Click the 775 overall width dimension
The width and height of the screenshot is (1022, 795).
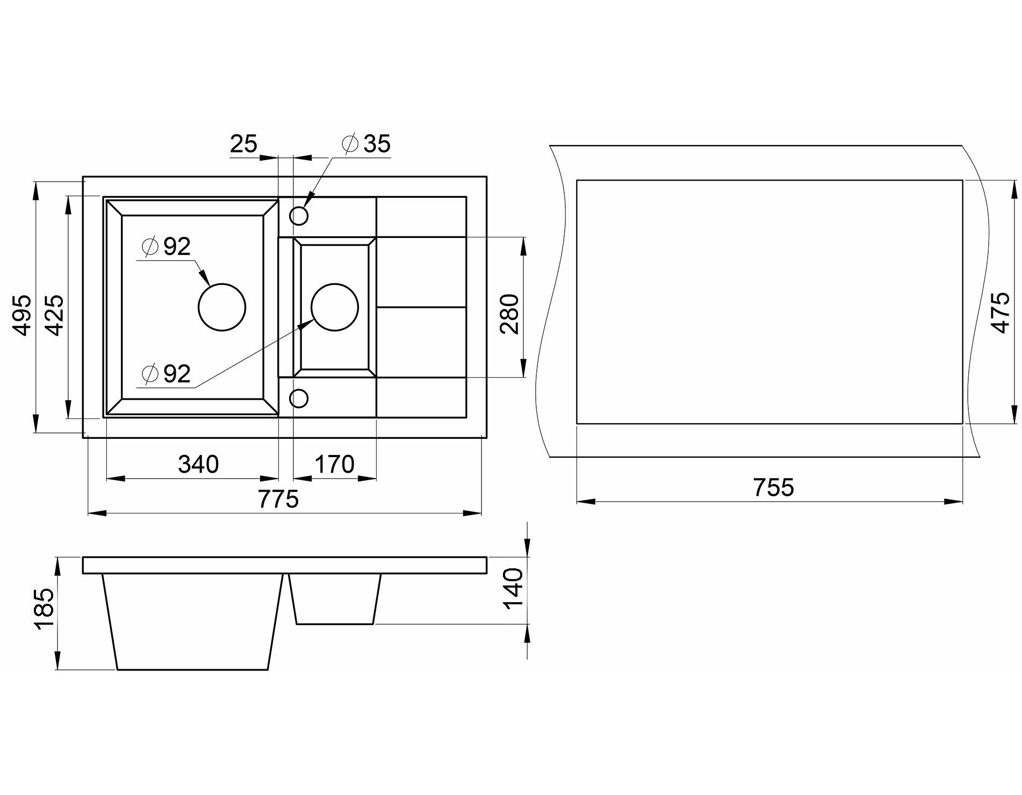[x=278, y=499]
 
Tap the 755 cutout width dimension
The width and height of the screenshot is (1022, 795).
[x=773, y=487]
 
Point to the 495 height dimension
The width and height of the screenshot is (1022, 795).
[x=22, y=315]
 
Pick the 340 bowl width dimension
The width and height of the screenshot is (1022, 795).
[x=198, y=464]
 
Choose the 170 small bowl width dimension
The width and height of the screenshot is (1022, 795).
[x=334, y=464]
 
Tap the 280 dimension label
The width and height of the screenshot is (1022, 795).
[x=509, y=314]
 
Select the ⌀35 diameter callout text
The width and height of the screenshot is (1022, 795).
[x=365, y=144]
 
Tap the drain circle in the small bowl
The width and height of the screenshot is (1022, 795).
[x=334, y=307]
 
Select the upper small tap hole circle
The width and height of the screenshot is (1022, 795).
[x=299, y=216]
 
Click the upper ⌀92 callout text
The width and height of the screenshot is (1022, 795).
[x=166, y=247]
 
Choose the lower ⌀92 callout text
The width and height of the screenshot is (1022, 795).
[x=166, y=374]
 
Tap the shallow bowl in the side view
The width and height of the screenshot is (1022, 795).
[x=335, y=599]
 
